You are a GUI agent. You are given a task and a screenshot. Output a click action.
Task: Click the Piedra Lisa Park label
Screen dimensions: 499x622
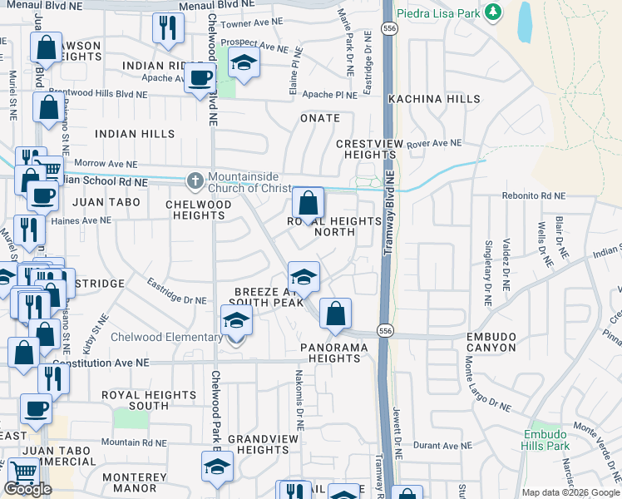click(442, 12)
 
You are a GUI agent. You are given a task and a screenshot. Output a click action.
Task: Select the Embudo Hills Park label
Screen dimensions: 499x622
click(545, 441)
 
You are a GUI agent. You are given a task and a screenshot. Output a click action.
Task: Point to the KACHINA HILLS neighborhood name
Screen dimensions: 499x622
click(434, 99)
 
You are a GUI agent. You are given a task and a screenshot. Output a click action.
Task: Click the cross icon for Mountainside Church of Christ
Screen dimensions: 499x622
click(195, 180)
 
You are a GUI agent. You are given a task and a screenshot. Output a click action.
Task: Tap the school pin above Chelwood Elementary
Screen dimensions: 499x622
click(236, 321)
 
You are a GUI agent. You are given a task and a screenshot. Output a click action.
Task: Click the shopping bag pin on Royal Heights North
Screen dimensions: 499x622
click(308, 204)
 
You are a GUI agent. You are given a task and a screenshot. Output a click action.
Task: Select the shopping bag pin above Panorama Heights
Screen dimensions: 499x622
click(335, 314)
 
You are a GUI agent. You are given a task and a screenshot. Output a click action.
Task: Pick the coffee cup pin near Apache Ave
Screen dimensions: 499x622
click(200, 79)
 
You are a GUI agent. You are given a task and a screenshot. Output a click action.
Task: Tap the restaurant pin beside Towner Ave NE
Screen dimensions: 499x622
click(168, 29)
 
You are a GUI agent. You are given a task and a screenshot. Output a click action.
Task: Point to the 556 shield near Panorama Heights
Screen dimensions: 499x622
click(384, 331)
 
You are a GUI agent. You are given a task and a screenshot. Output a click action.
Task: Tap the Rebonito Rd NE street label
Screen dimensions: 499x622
click(533, 196)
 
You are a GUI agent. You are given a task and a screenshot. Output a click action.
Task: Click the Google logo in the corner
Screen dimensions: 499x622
click(28, 488)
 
